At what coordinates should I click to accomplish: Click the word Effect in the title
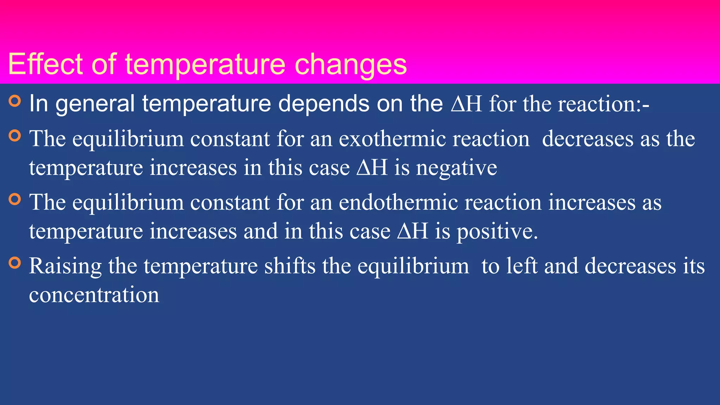tap(45, 64)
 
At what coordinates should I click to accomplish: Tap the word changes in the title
tap(351, 65)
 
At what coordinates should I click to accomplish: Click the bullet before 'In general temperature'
tap(15, 101)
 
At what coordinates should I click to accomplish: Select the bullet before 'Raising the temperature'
tap(15, 263)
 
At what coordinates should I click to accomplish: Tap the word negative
tap(457, 168)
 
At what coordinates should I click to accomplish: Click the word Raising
tap(65, 266)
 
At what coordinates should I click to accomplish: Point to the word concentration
tap(94, 295)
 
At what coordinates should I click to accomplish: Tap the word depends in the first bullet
tap(323, 104)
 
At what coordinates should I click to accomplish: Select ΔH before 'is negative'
tap(372, 168)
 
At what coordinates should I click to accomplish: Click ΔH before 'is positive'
tap(413, 232)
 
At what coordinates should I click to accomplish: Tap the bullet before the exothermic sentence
tap(15, 136)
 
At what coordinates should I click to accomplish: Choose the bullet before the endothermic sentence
tap(15, 199)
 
